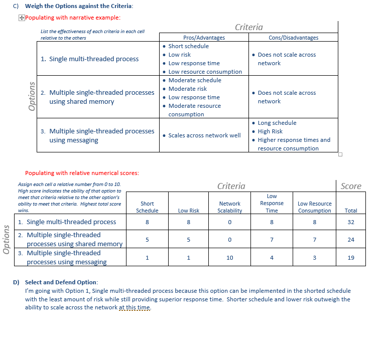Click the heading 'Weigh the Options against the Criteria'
(x=79, y=6)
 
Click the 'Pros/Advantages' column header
(x=204, y=38)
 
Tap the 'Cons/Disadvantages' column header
(x=293, y=38)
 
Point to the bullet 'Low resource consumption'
(x=205, y=72)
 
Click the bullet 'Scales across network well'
(x=204, y=135)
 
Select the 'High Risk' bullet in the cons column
(x=270, y=131)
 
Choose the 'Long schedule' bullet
(x=277, y=123)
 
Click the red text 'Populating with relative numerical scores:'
(x=82, y=173)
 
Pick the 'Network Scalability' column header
(x=230, y=207)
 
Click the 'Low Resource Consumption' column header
(x=315, y=207)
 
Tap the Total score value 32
(x=351, y=222)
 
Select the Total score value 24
(x=351, y=240)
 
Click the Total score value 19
(x=351, y=258)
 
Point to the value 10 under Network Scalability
(x=230, y=258)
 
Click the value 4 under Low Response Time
(x=272, y=258)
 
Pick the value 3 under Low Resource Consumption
(x=315, y=258)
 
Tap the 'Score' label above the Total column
(x=351, y=186)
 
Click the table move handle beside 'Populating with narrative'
(x=21, y=18)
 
